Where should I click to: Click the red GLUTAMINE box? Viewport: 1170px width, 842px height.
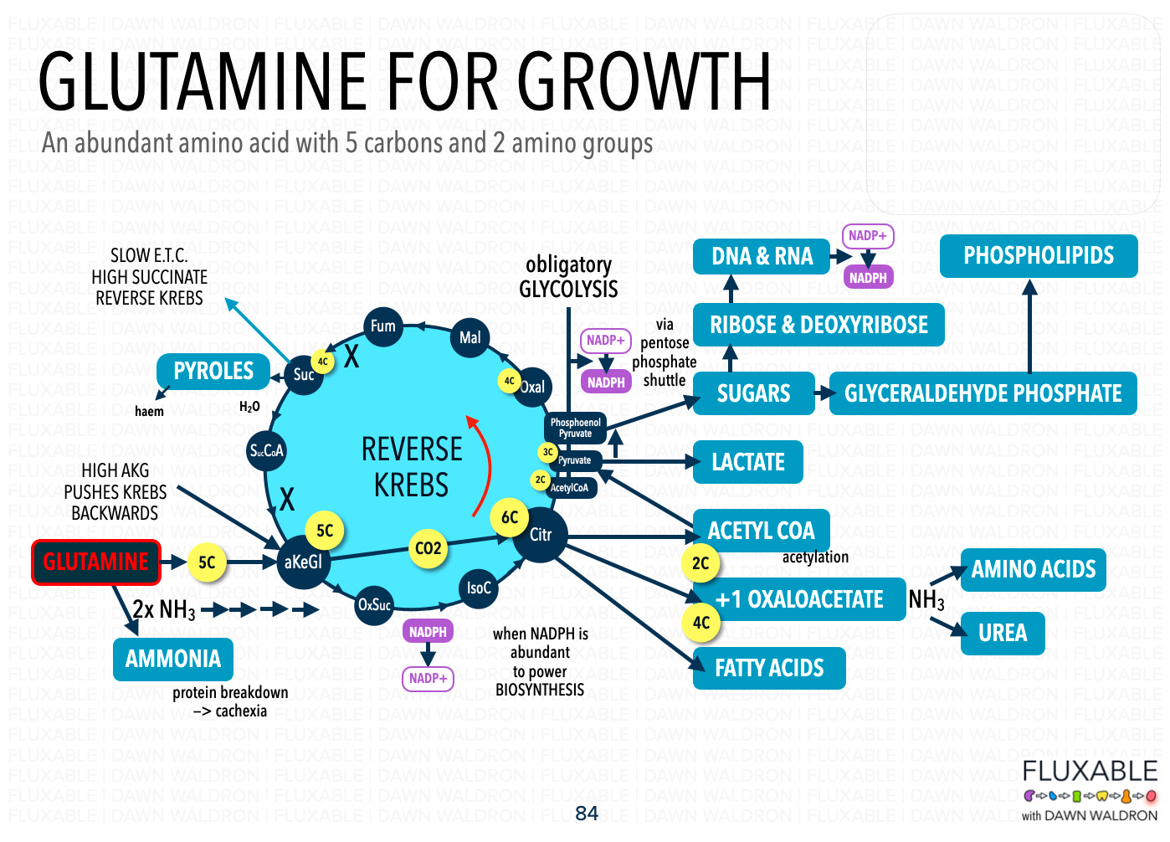[95, 562]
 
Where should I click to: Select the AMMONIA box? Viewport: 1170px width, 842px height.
[173, 660]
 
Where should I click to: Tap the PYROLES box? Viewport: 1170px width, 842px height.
[213, 372]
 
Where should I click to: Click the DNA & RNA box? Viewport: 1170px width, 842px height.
[762, 256]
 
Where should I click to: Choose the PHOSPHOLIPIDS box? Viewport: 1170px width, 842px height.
[1039, 256]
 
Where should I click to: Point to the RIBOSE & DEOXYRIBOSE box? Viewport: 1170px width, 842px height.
[818, 325]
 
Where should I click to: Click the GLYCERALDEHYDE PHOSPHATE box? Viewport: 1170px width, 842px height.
[983, 393]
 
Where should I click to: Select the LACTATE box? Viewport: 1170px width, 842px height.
[748, 462]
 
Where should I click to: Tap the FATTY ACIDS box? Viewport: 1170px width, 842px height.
[769, 668]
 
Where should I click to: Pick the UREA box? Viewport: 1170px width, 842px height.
[1003, 633]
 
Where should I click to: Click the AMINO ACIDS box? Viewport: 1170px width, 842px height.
[1034, 570]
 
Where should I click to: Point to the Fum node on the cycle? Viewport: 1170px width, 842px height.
[383, 326]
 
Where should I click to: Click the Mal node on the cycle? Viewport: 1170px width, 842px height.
[470, 337]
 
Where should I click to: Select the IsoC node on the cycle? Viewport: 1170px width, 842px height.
[479, 588]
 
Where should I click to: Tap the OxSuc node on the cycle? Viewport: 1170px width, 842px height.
[374, 604]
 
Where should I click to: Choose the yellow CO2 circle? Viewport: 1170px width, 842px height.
[428, 548]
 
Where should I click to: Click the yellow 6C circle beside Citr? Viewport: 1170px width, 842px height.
[510, 518]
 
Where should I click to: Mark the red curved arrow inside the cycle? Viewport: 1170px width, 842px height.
[483, 465]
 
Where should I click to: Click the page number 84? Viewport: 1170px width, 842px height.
[587, 813]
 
